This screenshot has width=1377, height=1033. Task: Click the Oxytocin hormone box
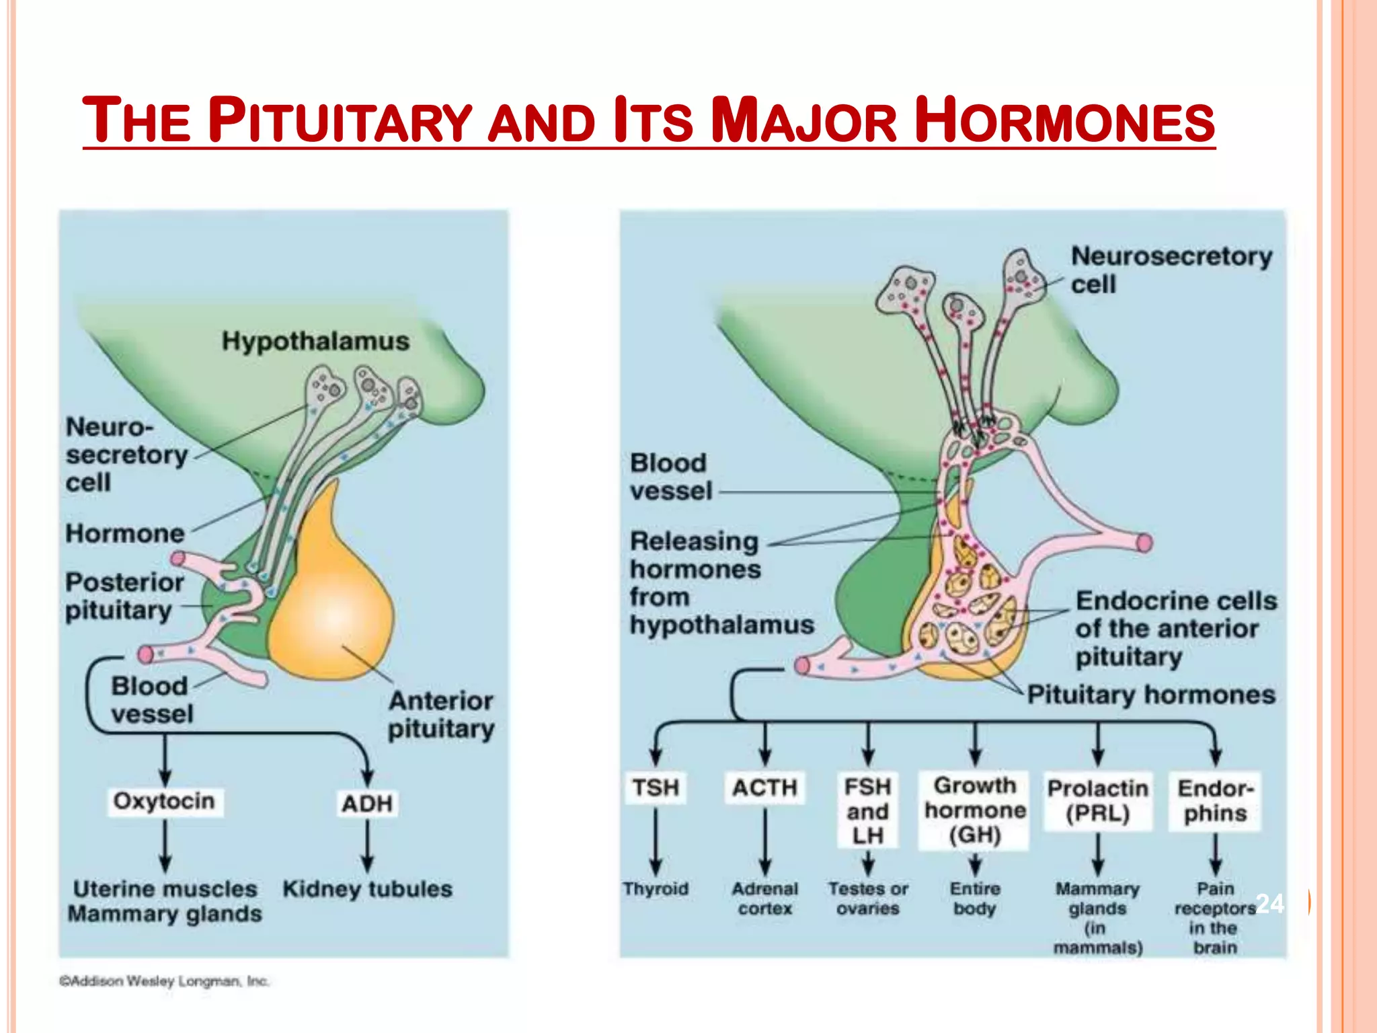tap(164, 802)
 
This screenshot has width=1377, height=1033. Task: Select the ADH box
tap(366, 804)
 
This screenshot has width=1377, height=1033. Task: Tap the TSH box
tap(655, 788)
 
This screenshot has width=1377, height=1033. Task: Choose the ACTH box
tap(764, 788)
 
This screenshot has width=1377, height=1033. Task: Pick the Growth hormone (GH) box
tap(974, 810)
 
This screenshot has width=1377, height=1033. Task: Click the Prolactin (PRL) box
tap(1097, 800)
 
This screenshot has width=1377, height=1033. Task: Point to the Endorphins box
tap(1215, 801)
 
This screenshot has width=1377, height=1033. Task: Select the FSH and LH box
tap(867, 811)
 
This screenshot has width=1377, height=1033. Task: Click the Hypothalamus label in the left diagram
tap(315, 341)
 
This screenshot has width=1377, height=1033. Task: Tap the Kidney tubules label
tap(367, 889)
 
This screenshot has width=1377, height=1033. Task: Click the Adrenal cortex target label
tap(764, 898)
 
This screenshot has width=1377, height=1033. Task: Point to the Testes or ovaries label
tap(867, 898)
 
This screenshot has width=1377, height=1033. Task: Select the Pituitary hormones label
tap(1151, 695)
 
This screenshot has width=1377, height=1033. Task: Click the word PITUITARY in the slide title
tap(340, 121)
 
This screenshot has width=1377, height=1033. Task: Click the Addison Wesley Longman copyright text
tap(164, 981)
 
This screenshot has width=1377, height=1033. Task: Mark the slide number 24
tap(1269, 903)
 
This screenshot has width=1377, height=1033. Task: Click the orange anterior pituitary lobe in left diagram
tap(329, 605)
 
